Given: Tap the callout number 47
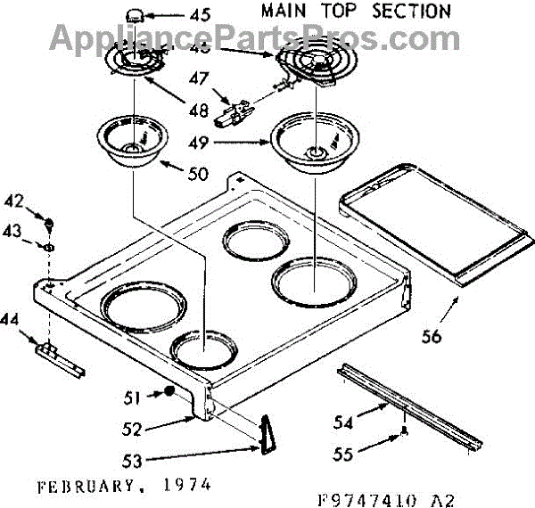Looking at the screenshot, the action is tap(199, 78).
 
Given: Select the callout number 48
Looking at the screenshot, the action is tap(199, 111).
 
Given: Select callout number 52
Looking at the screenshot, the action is tap(132, 430).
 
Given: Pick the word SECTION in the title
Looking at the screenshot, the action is tap(406, 12).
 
